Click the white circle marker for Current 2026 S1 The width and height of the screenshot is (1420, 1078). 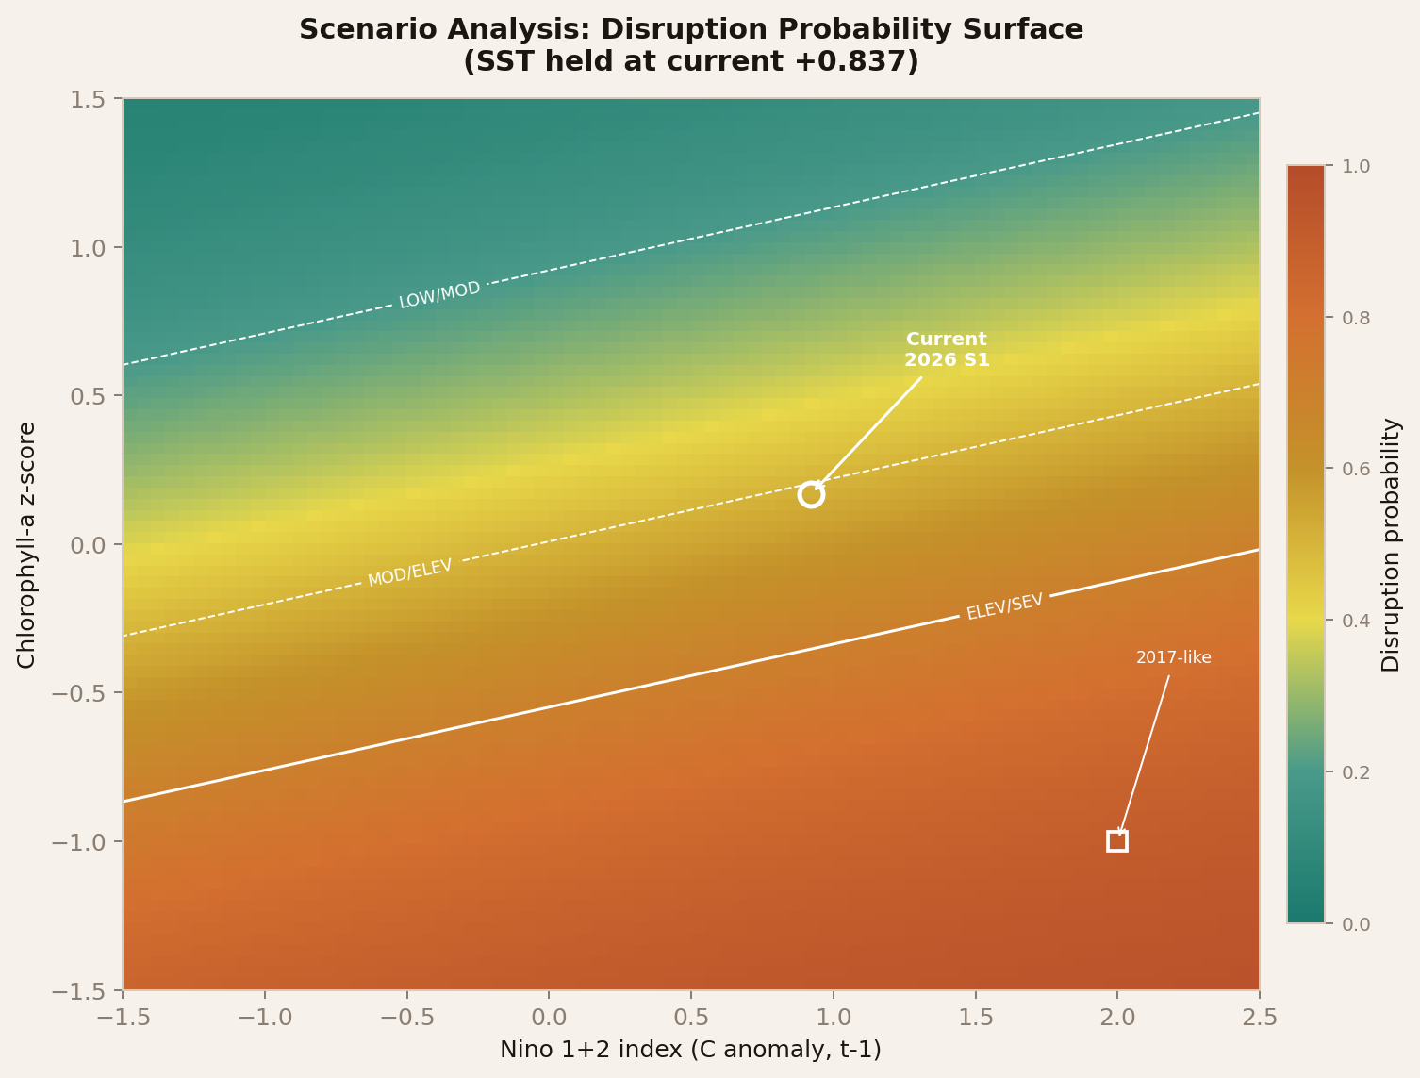pos(811,494)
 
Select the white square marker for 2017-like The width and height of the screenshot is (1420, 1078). pos(1117,841)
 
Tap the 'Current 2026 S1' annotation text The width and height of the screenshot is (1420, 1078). pos(947,350)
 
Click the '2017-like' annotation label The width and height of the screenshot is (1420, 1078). pos(1173,658)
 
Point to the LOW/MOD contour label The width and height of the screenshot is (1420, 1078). pos(439,295)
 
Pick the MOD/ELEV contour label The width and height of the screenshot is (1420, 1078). pos(410,572)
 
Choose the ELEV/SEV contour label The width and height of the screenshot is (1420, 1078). pos(1005,606)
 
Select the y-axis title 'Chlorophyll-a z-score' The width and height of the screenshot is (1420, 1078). pos(26,545)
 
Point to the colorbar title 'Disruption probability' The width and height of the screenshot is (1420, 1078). pos(1391,545)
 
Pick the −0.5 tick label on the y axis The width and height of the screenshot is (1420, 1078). pos(85,693)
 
